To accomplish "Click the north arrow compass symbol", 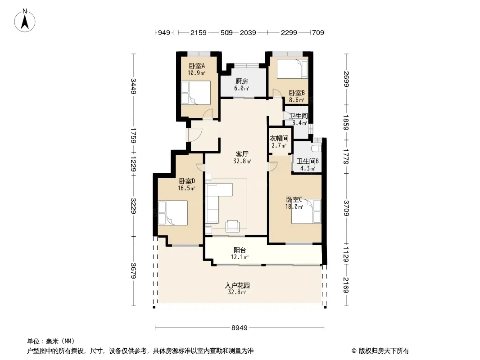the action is [25, 21].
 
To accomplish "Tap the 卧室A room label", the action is [196, 66].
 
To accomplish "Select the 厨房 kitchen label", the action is [241, 81].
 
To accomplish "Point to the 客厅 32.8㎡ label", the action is [242, 157].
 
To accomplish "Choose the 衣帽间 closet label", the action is [279, 139].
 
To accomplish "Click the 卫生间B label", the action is [308, 161].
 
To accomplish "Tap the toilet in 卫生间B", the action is [317, 148].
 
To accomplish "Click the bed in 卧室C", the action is [306, 211].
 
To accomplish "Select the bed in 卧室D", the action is [172, 213].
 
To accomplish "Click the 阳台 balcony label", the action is [240, 250].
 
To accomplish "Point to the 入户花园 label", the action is [237, 286].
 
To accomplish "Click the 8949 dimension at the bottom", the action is [240, 328].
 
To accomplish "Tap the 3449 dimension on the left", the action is [133, 86].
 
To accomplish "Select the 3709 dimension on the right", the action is [346, 208].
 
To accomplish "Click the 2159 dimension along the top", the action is [199, 32].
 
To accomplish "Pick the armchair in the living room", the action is [232, 226].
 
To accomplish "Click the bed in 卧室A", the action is [196, 93].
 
